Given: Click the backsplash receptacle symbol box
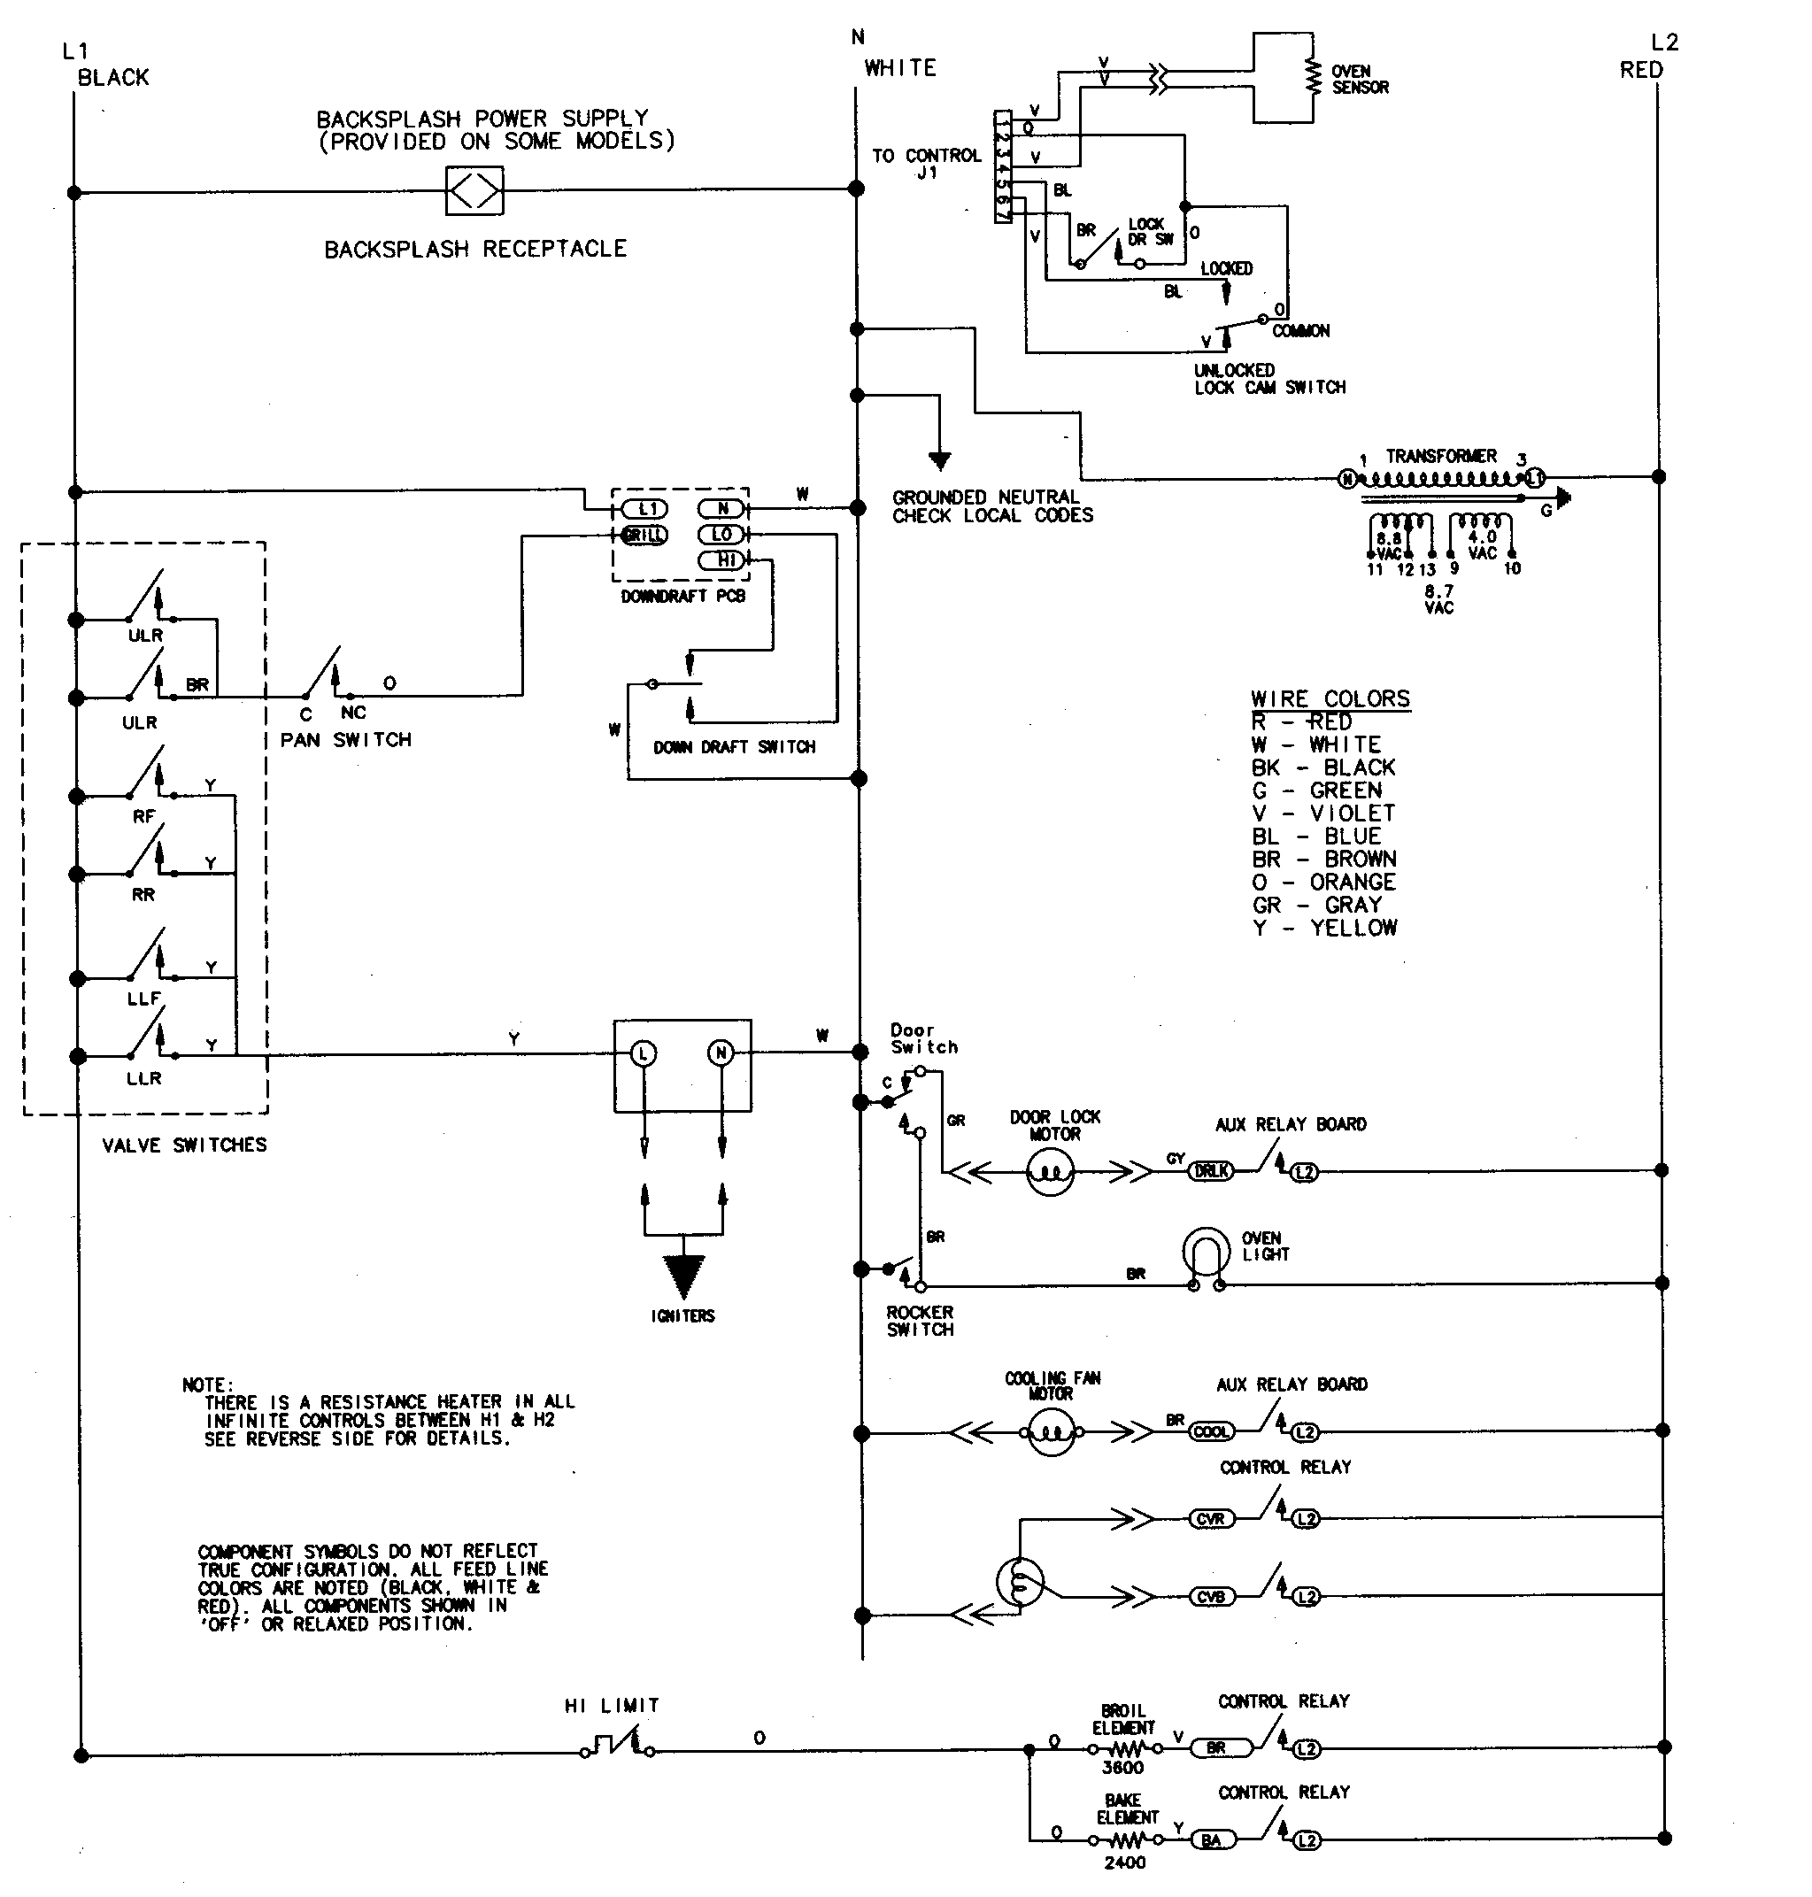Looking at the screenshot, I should pyautogui.click(x=474, y=191).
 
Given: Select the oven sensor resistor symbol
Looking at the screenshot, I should pyautogui.click(x=1312, y=78).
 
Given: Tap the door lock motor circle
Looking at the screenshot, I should pyautogui.click(x=1051, y=1173).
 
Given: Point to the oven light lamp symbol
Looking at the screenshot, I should pyautogui.click(x=1207, y=1253).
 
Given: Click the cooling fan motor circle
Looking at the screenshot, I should pyautogui.click(x=1052, y=1431).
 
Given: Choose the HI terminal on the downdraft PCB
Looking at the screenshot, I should pyautogui.click(x=722, y=560).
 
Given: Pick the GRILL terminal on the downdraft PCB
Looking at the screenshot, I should pyautogui.click(x=644, y=535).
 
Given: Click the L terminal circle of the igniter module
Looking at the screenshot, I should pyautogui.click(x=644, y=1053).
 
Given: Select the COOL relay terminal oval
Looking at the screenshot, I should pyautogui.click(x=1211, y=1431).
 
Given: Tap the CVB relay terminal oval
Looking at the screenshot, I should pyautogui.click(x=1211, y=1597).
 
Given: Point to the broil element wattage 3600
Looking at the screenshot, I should pyautogui.click(x=1122, y=1768).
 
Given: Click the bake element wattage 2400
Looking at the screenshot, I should pyautogui.click(x=1124, y=1862).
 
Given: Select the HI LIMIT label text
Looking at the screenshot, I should pyautogui.click(x=612, y=1706).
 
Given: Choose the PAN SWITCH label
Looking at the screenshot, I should pyautogui.click(x=346, y=740).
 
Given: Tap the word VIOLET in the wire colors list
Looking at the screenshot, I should pyautogui.click(x=1353, y=814).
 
